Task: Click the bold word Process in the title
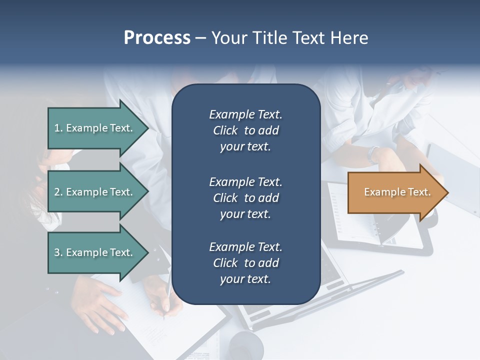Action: pos(157,38)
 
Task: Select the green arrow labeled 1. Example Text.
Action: pos(95,128)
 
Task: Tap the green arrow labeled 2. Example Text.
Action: pos(95,192)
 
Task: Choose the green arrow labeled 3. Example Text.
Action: pos(95,252)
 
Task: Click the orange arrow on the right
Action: pos(395,192)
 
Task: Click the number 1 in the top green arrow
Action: pos(57,128)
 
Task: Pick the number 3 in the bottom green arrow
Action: pos(57,252)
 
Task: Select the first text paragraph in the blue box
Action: pos(245,130)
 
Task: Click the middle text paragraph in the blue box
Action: pos(245,198)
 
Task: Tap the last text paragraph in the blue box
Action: pos(245,263)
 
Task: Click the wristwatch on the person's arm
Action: pos(373,153)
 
